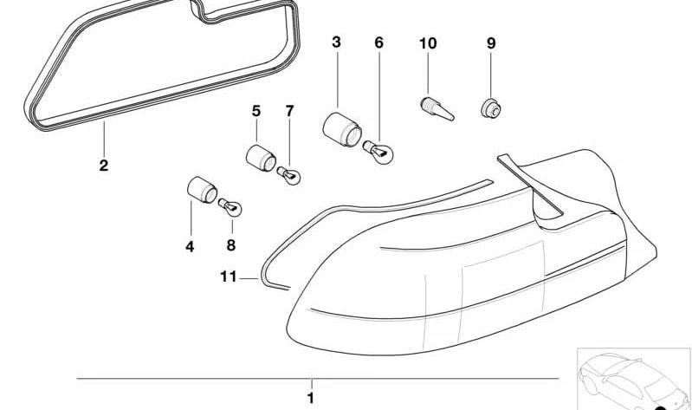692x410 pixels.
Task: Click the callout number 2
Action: pos(103,166)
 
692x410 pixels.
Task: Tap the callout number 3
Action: pos(336,42)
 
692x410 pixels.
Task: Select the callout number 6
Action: pos(378,42)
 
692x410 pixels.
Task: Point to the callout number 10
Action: pos(428,43)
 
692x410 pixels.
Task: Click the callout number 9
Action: pos(491,43)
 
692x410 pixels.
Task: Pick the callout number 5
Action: pos(256,111)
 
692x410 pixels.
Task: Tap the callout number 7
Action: pos(289,111)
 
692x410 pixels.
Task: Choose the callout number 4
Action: pos(190,246)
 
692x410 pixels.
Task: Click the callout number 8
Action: pos(231,245)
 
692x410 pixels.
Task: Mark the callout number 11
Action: pos(229,277)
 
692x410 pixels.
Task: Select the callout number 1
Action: pos(311,398)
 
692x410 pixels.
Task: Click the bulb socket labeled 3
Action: pos(342,129)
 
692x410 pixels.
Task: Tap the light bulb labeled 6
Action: pos(378,152)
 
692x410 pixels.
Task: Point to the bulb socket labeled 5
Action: pos(261,158)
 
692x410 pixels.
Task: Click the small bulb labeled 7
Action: pos(288,176)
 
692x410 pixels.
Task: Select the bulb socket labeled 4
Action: pos(202,190)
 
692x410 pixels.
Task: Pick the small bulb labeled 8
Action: pos(230,208)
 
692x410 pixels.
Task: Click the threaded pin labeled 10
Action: pos(437,109)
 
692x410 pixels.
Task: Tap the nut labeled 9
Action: pos(491,108)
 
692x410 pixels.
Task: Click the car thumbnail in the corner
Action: pos(634,379)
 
